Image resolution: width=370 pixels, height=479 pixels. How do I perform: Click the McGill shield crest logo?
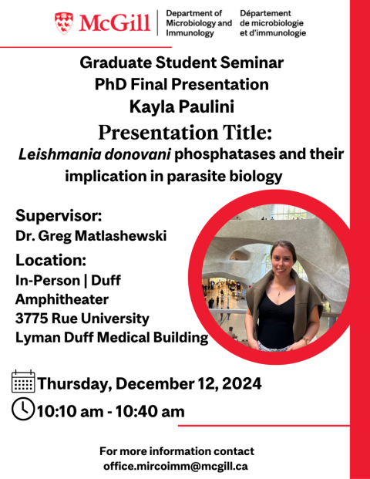(x=64, y=23)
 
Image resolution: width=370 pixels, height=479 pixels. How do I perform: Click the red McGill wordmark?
(x=115, y=23)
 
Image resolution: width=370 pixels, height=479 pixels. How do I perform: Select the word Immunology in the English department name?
(x=190, y=33)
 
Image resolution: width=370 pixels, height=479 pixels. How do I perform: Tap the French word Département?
(x=265, y=13)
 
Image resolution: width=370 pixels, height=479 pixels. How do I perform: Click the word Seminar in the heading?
(x=252, y=62)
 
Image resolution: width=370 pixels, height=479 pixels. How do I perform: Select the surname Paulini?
(x=207, y=106)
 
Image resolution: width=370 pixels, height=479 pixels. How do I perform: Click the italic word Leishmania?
(x=59, y=154)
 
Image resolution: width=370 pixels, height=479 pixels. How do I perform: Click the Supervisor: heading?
(x=59, y=216)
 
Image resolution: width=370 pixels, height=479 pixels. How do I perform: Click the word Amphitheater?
(x=62, y=299)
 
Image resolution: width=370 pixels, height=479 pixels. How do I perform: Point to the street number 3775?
(x=32, y=319)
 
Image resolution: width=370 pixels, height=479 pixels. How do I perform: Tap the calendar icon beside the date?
(x=23, y=381)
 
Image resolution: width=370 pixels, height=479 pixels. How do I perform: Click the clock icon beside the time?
(x=23, y=409)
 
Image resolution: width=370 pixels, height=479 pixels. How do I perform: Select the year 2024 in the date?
(x=242, y=383)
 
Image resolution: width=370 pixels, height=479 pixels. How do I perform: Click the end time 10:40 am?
(x=150, y=411)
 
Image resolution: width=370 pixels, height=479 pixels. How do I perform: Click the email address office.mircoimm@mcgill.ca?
(x=176, y=467)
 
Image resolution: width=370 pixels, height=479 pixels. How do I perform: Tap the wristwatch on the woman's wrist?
(x=305, y=340)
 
